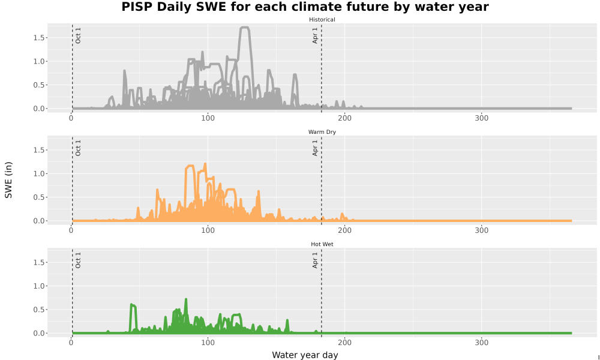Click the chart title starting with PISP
pyautogui.click(x=305, y=7)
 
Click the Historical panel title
pyautogui.click(x=322, y=20)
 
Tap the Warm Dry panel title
pyautogui.click(x=322, y=132)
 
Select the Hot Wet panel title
pyautogui.click(x=322, y=244)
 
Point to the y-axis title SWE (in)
pyautogui.click(x=8, y=180)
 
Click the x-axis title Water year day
pyautogui.click(x=305, y=355)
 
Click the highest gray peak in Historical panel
pyautogui.click(x=245, y=28)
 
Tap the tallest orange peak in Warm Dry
pyautogui.click(x=205, y=164)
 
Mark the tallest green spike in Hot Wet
pyautogui.click(x=186, y=299)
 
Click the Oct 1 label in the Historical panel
pyautogui.click(x=78, y=35)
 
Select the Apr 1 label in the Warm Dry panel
pyautogui.click(x=315, y=148)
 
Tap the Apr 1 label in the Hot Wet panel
pyautogui.click(x=315, y=260)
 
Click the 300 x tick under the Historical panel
pyautogui.click(x=481, y=118)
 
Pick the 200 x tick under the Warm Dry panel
pyautogui.click(x=345, y=230)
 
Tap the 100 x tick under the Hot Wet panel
pyautogui.click(x=208, y=343)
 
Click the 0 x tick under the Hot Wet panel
pyautogui.click(x=71, y=343)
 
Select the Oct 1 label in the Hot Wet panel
pyautogui.click(x=78, y=260)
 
